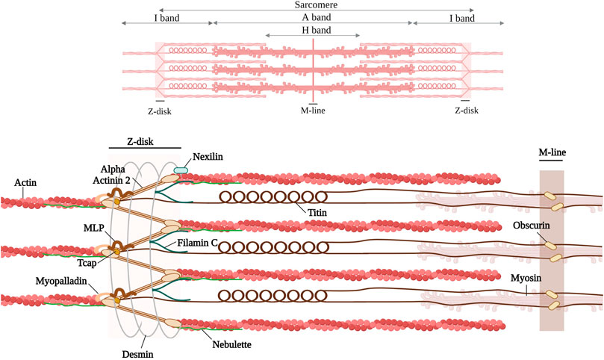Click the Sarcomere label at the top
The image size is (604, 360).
(x=314, y=5)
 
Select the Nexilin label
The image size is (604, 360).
(x=210, y=158)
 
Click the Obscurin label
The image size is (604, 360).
(x=529, y=226)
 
